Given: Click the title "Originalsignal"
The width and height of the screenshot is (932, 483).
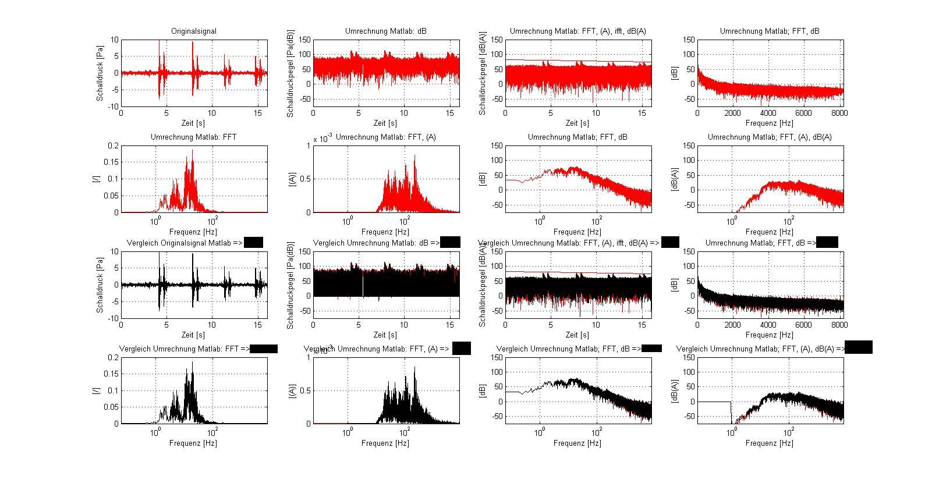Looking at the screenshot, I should click(194, 31).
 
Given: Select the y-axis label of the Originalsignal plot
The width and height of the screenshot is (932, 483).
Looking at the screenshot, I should click(100, 73).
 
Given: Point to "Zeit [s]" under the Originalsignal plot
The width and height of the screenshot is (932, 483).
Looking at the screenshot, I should click(194, 123).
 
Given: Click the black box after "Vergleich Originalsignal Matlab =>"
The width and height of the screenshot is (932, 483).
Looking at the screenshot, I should click(253, 243).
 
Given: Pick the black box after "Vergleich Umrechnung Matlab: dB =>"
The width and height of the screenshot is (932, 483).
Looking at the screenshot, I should click(450, 243).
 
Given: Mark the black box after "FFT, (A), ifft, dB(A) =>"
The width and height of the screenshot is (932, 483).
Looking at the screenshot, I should click(670, 242).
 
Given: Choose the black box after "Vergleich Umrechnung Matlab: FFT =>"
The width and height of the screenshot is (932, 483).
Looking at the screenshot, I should click(264, 349).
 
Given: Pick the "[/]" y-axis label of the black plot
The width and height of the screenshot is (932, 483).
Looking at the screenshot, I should click(97, 390).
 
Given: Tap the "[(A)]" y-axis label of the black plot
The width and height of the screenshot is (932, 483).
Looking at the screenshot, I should click(292, 390).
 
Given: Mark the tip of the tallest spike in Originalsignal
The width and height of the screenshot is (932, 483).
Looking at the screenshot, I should click(160, 41).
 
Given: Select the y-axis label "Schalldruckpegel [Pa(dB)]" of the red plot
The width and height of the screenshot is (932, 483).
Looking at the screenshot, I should click(290, 73).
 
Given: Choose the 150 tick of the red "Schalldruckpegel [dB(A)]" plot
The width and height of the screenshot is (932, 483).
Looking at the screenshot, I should click(496, 40).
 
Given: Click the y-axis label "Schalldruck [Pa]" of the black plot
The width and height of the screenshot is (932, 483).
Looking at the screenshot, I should click(100, 285).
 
